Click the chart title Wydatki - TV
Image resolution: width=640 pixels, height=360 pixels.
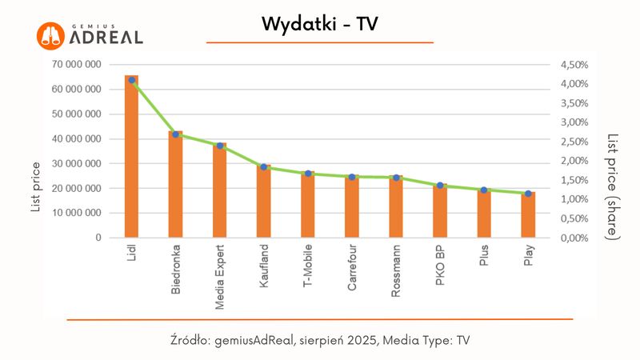[319, 25]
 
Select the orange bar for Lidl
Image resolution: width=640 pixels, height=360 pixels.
[132, 160]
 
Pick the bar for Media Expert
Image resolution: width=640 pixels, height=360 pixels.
[220, 192]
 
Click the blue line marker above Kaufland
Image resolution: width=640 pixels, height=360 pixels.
[263, 166]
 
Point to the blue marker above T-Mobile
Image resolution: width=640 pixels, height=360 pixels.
[308, 174]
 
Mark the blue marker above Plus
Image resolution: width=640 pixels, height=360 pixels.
[483, 190]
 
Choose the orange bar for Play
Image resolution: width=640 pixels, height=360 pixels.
[528, 216]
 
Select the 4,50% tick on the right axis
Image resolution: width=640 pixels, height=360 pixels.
[573, 64]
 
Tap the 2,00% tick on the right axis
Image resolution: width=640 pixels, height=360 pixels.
[573, 161]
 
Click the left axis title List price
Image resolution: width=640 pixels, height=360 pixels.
[36, 186]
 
